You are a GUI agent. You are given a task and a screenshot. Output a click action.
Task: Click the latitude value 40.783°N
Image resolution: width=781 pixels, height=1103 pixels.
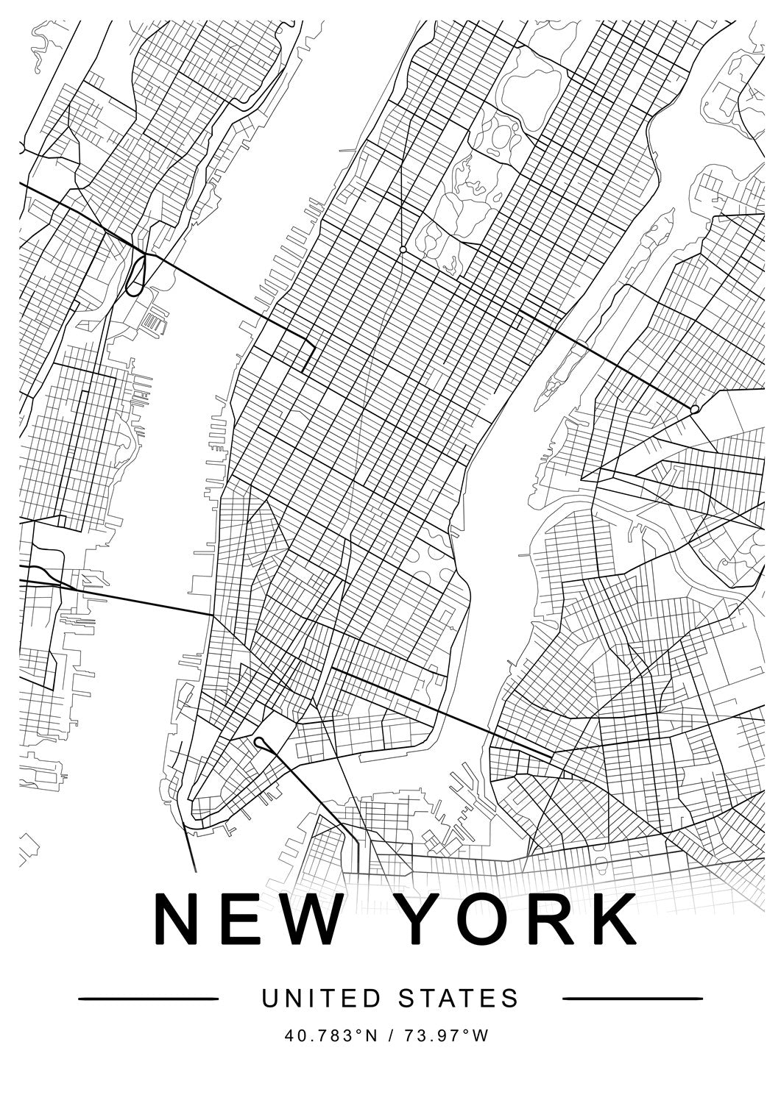[331, 1036]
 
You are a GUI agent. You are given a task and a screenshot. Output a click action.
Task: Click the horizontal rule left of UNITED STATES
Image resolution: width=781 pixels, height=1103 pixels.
[148, 999]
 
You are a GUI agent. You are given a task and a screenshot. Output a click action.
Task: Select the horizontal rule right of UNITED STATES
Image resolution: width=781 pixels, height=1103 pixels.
[632, 999]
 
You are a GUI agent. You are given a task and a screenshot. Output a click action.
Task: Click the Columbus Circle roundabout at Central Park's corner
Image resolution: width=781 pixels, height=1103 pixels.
[403, 251]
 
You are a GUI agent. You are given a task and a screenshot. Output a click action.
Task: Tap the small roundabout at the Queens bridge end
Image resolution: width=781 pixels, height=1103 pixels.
[694, 409]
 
